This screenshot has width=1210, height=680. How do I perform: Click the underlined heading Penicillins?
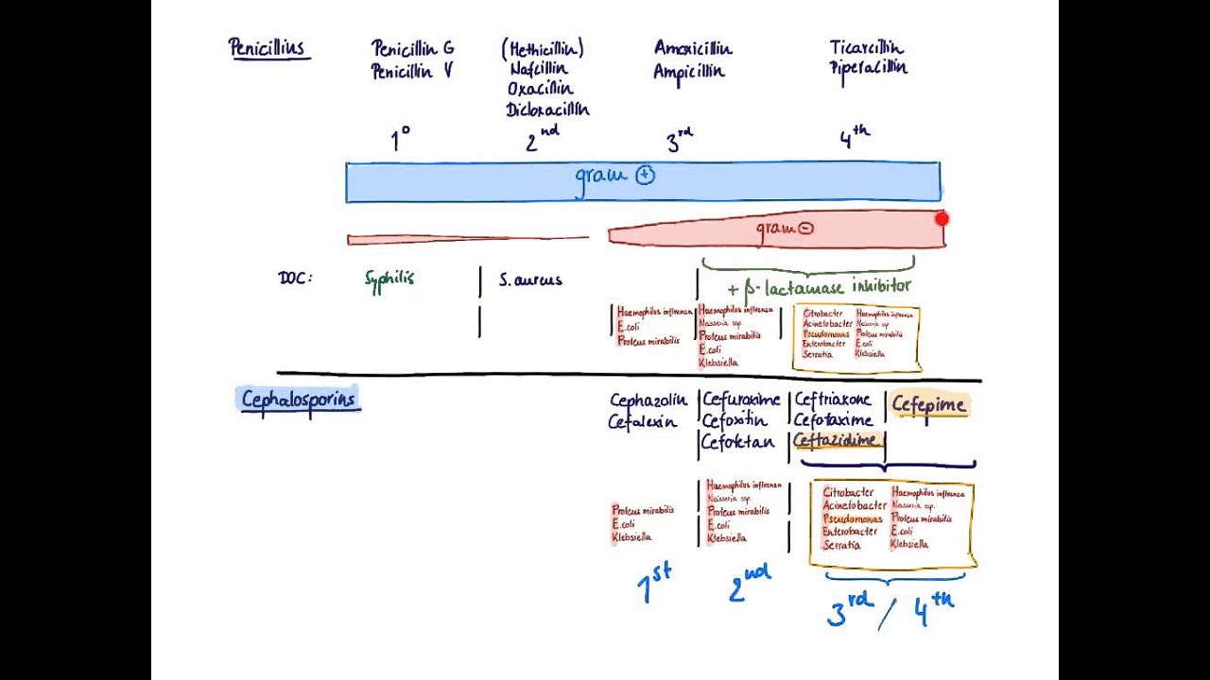tap(268, 47)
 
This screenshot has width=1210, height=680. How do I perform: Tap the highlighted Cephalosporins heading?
tap(298, 399)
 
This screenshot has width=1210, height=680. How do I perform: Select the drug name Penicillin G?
tap(412, 48)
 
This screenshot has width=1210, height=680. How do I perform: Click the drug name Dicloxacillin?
tap(547, 110)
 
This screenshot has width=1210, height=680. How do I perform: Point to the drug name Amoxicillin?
tap(693, 48)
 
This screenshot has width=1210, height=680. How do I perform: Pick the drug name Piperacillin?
tap(869, 68)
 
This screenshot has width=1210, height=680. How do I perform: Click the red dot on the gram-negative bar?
tap(942, 219)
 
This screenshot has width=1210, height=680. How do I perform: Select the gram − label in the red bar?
tap(784, 228)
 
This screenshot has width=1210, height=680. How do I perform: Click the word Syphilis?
tap(389, 279)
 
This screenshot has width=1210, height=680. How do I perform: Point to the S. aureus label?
tap(530, 280)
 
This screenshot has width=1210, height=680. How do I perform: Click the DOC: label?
tap(295, 279)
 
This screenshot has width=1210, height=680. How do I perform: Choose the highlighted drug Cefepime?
tap(929, 405)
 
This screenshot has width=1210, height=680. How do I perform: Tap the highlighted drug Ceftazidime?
tap(838, 441)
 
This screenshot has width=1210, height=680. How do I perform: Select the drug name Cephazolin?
tap(648, 400)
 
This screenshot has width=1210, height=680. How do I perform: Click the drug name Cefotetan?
tap(737, 442)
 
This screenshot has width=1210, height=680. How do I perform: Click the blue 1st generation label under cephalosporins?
tap(654, 586)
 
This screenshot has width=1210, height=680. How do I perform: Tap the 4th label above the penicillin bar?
tap(854, 139)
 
